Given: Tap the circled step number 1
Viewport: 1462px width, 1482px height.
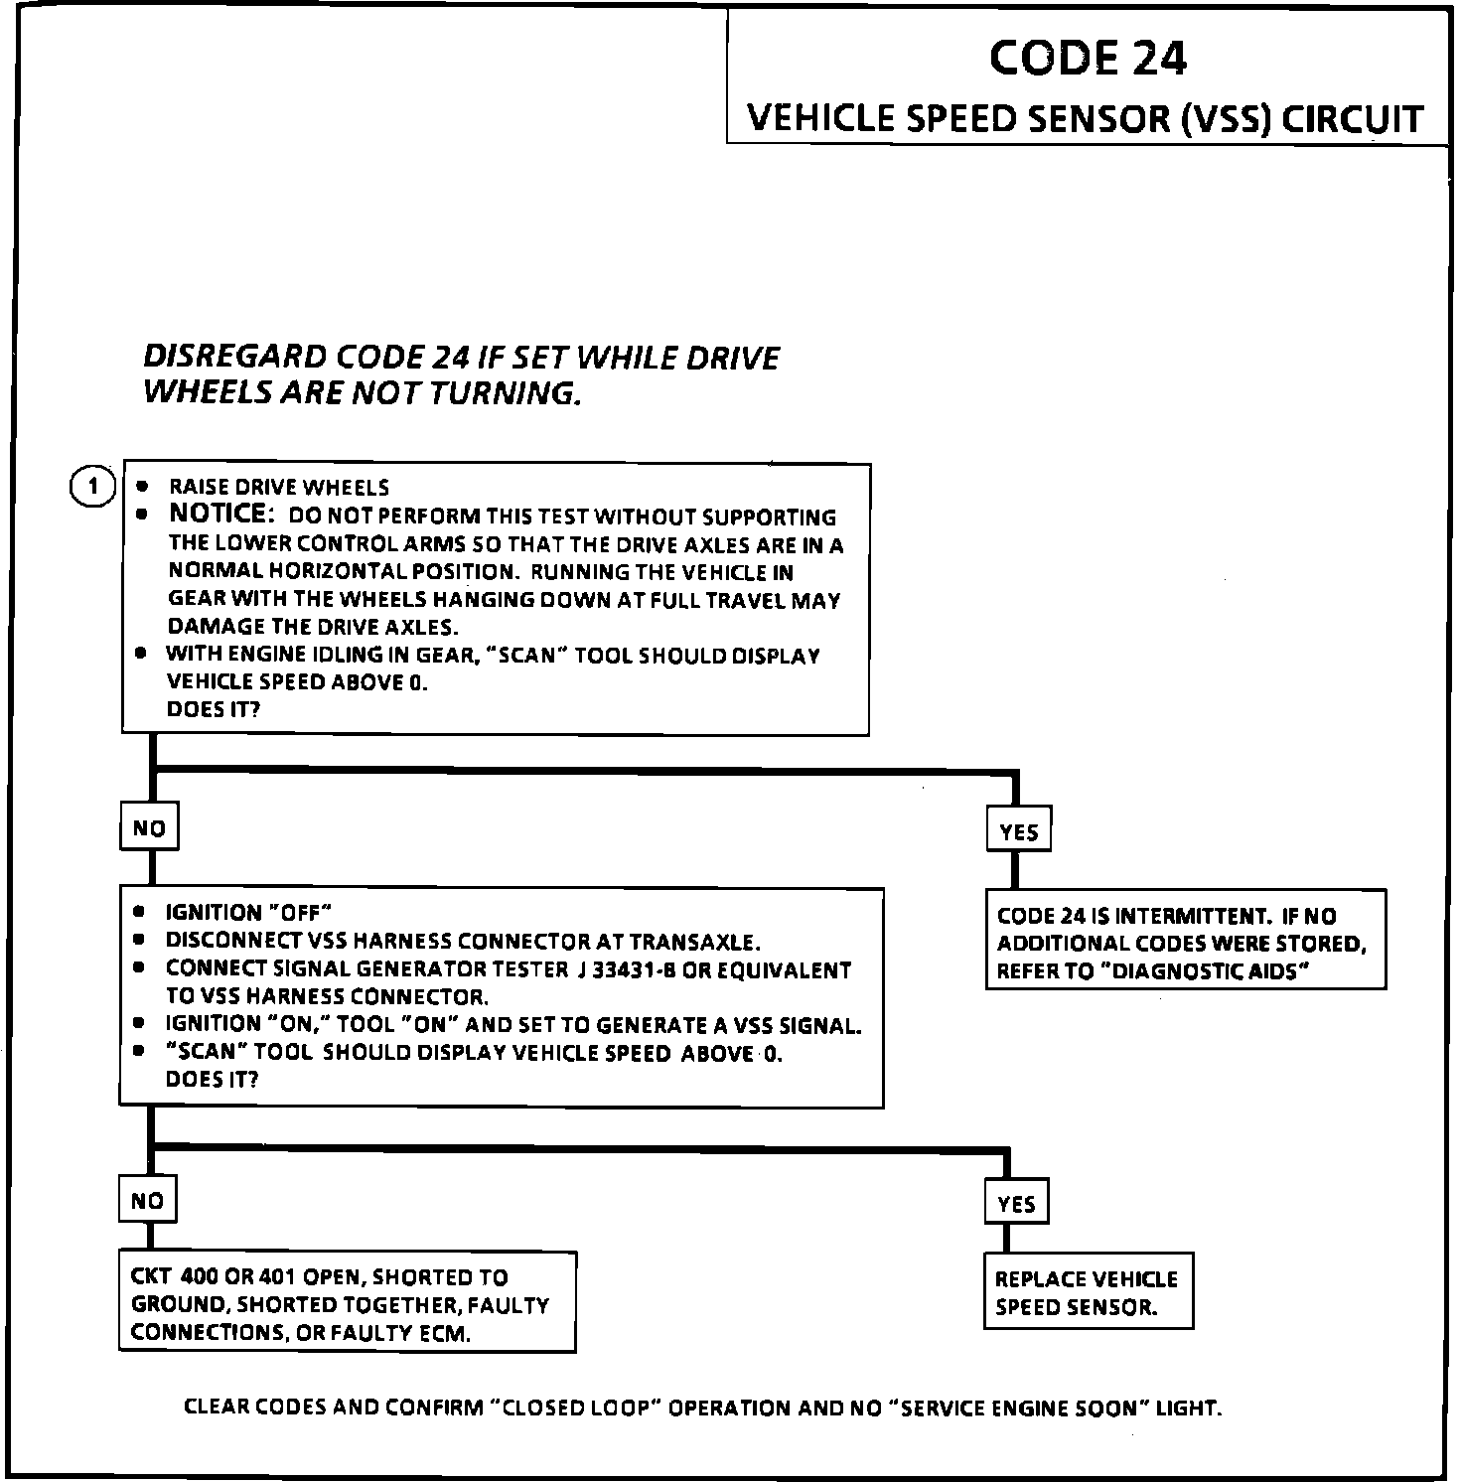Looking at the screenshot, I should pos(93,487).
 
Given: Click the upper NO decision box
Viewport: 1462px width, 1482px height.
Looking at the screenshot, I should pos(149,828).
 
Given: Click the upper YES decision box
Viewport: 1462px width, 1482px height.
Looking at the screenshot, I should pos(1018,831).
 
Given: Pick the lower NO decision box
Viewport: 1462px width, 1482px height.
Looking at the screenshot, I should pos(147,1201).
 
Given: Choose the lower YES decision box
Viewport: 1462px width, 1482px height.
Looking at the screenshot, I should pos(1016,1204).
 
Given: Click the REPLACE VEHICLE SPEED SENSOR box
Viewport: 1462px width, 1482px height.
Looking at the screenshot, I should pos(1087,1292).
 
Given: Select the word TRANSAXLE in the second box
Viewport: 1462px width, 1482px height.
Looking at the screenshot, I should pos(694,941).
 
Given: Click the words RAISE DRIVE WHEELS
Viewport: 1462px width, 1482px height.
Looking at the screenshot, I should pos(279,487).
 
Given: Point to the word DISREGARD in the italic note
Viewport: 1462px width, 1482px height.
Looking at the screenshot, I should pos(234,357).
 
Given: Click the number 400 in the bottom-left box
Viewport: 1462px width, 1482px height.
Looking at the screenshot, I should pos(203,1277).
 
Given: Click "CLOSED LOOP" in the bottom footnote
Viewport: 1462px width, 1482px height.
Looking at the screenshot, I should pos(577,1408).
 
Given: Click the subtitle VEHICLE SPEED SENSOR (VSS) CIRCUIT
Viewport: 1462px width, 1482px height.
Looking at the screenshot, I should pos(1085,119).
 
